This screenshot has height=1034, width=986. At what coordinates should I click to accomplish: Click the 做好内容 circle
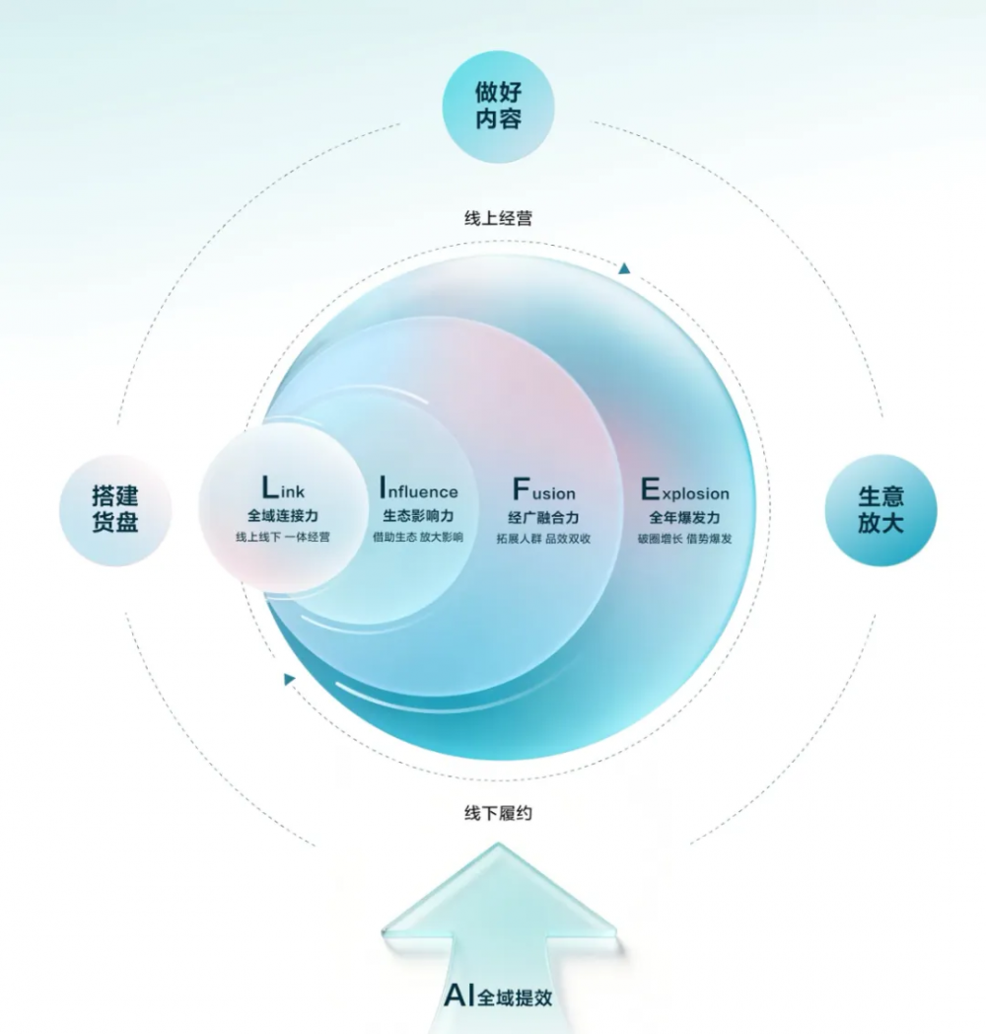pyautogui.click(x=498, y=106)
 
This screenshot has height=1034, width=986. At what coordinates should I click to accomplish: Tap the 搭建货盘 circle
pyautogui.click(x=115, y=510)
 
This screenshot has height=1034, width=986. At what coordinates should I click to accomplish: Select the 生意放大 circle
pyautogui.click(x=880, y=510)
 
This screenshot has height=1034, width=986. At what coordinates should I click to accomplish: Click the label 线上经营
pyautogui.click(x=498, y=218)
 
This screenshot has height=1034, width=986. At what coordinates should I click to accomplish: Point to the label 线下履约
pyautogui.click(x=498, y=813)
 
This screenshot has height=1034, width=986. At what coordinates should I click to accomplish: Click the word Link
pyautogui.click(x=283, y=488)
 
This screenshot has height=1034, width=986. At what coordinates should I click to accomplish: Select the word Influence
pyautogui.click(x=418, y=488)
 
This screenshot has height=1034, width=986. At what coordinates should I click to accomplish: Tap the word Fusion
pyautogui.click(x=543, y=490)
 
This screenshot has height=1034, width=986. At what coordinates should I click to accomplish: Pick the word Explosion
pyautogui.click(x=685, y=490)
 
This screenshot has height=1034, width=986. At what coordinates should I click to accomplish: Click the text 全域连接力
pyautogui.click(x=283, y=515)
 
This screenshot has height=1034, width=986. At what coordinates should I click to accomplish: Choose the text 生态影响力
pyautogui.click(x=418, y=515)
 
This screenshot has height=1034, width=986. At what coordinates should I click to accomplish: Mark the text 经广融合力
pyautogui.click(x=543, y=517)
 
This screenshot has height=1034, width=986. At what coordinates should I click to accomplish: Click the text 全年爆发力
pyautogui.click(x=685, y=517)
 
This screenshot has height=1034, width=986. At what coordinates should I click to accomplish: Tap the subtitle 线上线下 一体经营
pyautogui.click(x=283, y=537)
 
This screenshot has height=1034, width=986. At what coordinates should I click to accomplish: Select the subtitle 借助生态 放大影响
pyautogui.click(x=418, y=537)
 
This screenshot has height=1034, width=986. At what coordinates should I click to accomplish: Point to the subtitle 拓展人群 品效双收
pyautogui.click(x=543, y=539)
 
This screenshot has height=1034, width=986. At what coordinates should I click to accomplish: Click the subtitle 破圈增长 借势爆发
pyautogui.click(x=685, y=539)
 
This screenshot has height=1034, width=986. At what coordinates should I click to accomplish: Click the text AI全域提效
pyautogui.click(x=498, y=996)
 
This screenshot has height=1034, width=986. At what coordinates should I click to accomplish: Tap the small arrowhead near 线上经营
pyautogui.click(x=624, y=268)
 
